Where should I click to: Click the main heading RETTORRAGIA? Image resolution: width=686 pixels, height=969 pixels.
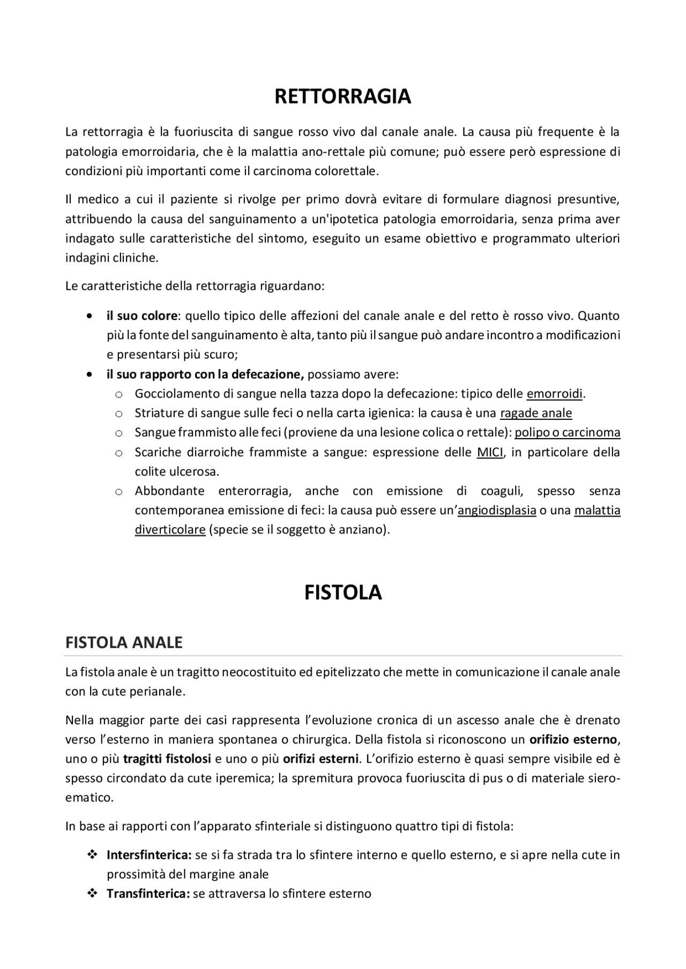pyautogui.click(x=342, y=96)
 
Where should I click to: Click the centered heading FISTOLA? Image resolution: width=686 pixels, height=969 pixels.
pyautogui.click(x=343, y=592)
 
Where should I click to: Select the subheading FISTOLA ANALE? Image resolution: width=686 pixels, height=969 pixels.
pyautogui.click(x=124, y=642)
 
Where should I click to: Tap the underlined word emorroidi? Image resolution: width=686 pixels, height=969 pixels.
pyautogui.click(x=554, y=394)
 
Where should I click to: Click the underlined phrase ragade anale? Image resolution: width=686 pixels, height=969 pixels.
pyautogui.click(x=536, y=413)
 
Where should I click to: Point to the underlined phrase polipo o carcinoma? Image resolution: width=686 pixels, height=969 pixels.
pyautogui.click(x=568, y=432)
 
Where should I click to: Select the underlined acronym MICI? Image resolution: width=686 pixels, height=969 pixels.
pyautogui.click(x=490, y=452)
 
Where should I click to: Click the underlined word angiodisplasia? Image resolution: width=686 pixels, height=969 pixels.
pyautogui.click(x=497, y=510)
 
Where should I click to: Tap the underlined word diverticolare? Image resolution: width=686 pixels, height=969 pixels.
pyautogui.click(x=170, y=530)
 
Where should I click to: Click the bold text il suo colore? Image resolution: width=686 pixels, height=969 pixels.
pyautogui.click(x=141, y=316)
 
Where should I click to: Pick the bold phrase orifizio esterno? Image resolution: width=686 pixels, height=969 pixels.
pyautogui.click(x=573, y=740)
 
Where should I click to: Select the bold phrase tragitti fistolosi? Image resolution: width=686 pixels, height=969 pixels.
pyautogui.click(x=167, y=759)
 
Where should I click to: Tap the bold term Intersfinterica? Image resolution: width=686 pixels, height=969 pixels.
pyautogui.click(x=149, y=855)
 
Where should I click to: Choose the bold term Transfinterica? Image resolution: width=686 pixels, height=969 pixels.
pyautogui.click(x=148, y=893)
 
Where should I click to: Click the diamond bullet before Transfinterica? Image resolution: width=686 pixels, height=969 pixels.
pyautogui.click(x=92, y=893)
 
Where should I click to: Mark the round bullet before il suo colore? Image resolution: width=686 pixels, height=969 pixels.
pyautogui.click(x=90, y=316)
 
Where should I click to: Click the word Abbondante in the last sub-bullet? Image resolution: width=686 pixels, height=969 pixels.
pyautogui.click(x=169, y=491)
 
